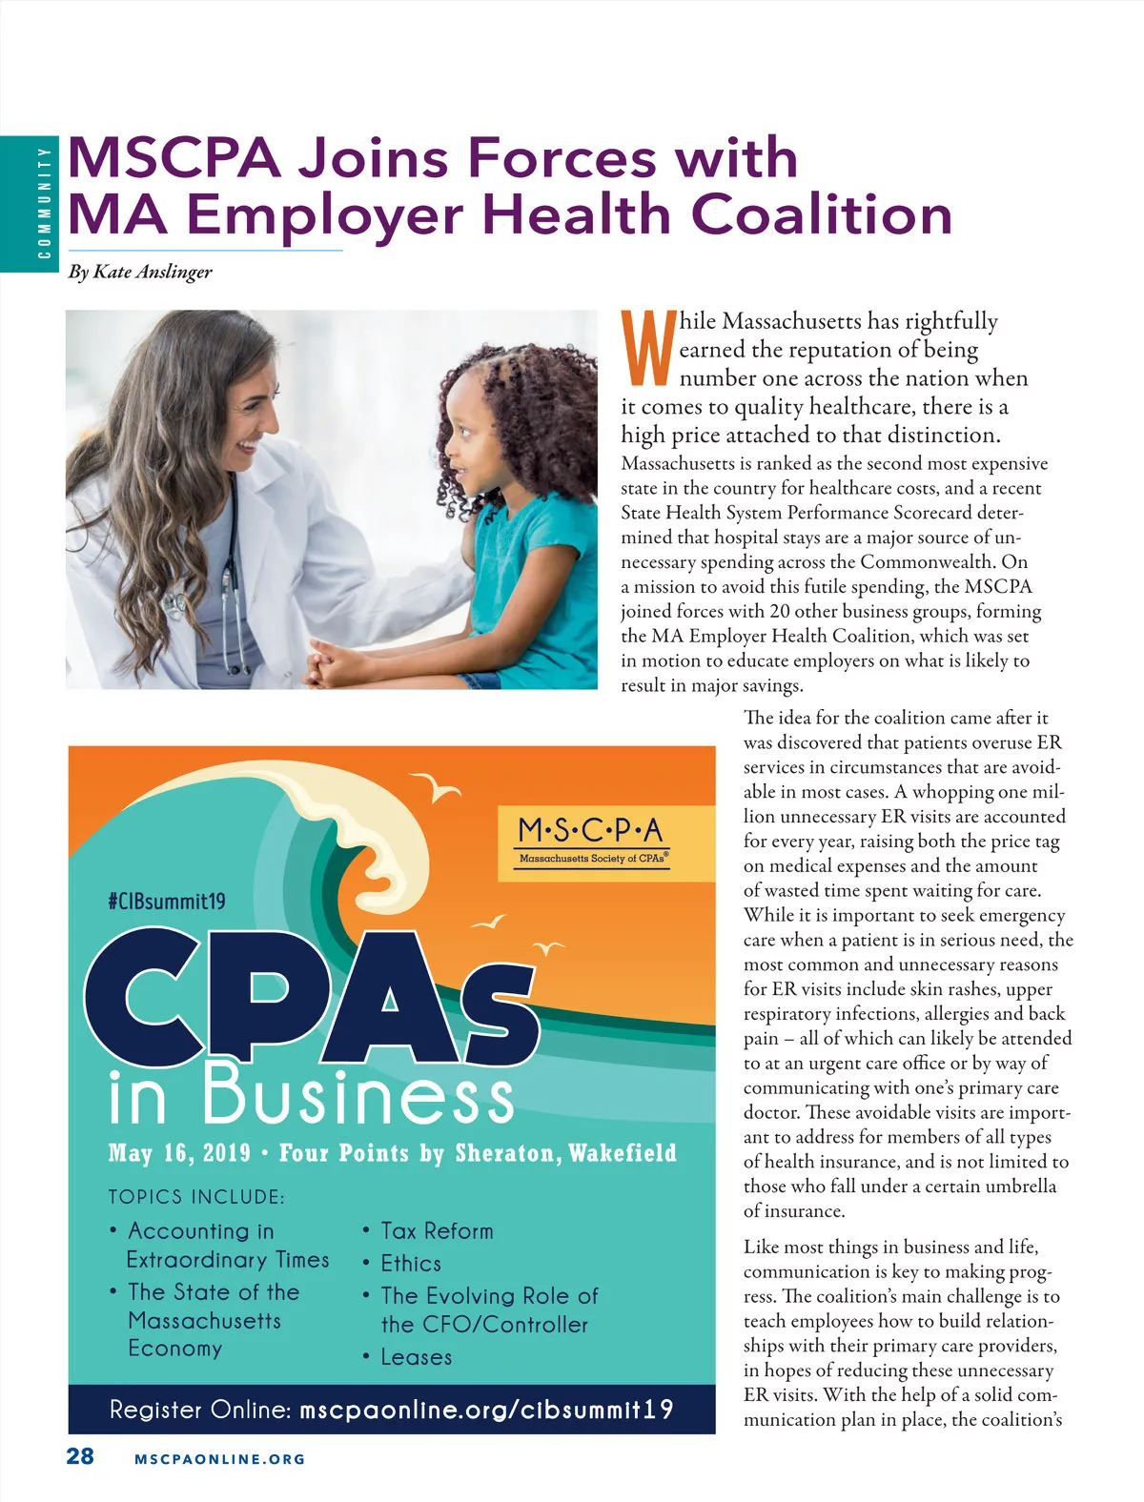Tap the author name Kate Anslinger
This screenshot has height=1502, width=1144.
tap(152, 272)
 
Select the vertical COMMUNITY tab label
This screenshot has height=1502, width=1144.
tap(44, 202)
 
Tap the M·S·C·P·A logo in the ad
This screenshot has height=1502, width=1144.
tap(591, 831)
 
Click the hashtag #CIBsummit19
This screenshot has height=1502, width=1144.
tap(167, 901)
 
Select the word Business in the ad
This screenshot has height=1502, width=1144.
tap(357, 1094)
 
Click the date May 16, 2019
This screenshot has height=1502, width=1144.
tap(179, 1153)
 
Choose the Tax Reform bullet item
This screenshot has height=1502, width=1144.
tap(437, 1231)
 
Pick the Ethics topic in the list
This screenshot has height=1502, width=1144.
tap(411, 1264)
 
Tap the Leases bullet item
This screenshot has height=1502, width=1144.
tap(417, 1357)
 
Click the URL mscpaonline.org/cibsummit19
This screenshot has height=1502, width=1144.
tap(486, 1410)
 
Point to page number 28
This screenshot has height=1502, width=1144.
tap(80, 1456)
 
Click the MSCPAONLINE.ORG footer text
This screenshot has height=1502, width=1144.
tap(220, 1459)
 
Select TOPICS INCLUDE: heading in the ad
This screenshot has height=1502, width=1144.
tap(196, 1197)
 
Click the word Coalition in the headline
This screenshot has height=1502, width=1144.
tap(822, 214)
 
